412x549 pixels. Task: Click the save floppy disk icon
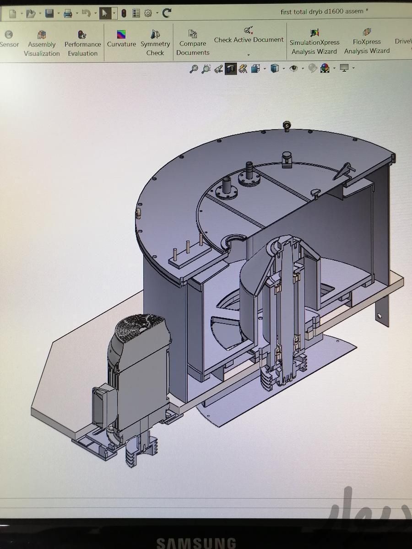(49, 14)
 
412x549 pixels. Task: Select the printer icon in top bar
(68, 14)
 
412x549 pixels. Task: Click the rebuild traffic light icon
(124, 14)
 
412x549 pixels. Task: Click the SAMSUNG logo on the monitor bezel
(196, 543)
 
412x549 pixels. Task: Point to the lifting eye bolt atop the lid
(287, 125)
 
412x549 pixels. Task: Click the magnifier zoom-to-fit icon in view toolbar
(194, 69)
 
